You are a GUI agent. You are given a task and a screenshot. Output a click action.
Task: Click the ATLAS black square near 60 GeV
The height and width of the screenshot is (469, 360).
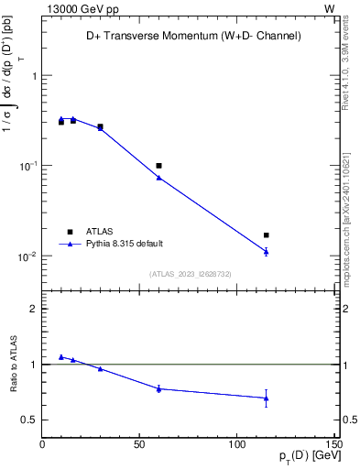[158, 166]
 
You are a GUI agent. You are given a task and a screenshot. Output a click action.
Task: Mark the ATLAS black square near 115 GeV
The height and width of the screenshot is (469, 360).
[266, 235]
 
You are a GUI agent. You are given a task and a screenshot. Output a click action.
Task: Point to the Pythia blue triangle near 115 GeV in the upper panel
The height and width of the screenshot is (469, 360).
[266, 251]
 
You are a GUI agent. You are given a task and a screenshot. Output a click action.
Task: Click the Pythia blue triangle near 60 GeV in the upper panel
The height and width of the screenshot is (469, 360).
[158, 177]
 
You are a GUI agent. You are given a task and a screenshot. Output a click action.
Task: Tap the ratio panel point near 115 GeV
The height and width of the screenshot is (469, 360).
[266, 398]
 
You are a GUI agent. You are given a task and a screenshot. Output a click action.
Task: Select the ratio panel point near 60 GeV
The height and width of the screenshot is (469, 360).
[158, 388]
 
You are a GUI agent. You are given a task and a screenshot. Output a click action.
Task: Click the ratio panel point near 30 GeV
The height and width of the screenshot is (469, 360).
[100, 368]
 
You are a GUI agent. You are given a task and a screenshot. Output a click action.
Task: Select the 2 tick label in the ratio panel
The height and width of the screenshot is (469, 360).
[33, 309]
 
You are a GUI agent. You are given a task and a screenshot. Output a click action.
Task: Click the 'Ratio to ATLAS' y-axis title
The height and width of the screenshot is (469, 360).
[13, 364]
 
